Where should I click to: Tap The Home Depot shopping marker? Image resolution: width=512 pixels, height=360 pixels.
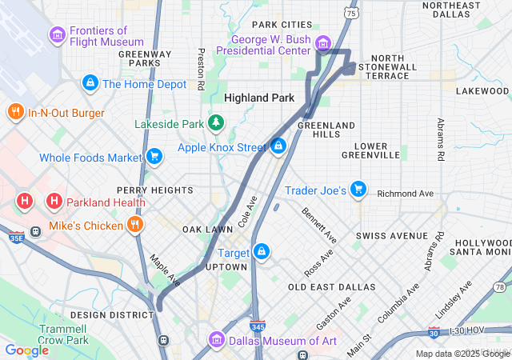point(90,83)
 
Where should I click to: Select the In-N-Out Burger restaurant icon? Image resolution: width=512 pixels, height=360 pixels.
point(15,112)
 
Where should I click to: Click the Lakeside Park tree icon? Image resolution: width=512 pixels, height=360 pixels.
point(214,123)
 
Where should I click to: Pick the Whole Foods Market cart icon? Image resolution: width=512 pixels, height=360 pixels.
point(154,157)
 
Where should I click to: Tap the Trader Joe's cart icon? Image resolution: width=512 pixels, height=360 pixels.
point(358,190)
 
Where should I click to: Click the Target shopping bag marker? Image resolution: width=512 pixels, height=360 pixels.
point(261,253)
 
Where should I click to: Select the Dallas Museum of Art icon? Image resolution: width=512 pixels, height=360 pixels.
point(216,341)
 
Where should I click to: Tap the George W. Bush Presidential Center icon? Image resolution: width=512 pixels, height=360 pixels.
point(322,42)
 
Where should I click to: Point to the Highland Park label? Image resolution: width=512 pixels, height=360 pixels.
point(259,98)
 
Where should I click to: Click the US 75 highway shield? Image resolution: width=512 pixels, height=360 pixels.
point(349,12)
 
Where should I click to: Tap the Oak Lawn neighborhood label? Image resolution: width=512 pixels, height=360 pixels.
point(206,229)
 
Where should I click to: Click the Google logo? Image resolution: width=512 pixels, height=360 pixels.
point(27,350)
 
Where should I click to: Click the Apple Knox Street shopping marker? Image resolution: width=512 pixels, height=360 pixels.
point(278,147)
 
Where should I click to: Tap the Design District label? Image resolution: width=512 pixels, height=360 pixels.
point(101,314)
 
